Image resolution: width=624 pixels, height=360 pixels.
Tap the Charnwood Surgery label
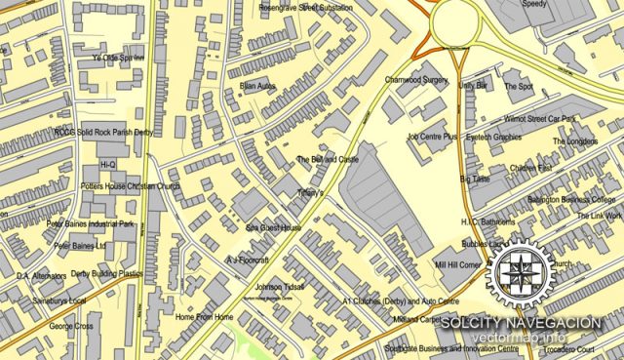(x=415, y=80)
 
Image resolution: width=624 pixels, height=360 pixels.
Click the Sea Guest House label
(x=273, y=227)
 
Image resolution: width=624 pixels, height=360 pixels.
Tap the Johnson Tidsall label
(x=280, y=287)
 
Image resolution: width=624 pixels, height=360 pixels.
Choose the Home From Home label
(x=205, y=317)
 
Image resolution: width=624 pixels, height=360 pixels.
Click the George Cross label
(x=71, y=326)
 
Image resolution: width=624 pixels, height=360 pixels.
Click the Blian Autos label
(x=258, y=86)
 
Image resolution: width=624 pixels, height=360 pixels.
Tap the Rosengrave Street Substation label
(x=305, y=8)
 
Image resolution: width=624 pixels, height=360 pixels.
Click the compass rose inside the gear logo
(x=524, y=269)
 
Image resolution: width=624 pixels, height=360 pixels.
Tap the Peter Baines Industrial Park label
(x=90, y=223)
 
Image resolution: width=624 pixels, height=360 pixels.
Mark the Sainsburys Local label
(x=51, y=300)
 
